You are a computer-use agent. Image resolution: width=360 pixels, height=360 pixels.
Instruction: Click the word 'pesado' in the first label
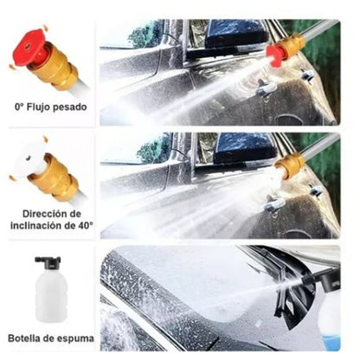pyautogui.click(x=70, y=108)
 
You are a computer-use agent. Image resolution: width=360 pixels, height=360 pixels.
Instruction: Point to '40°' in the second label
pyautogui.click(x=85, y=226)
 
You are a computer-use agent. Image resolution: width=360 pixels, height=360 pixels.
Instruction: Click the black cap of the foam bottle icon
pyautogui.click(x=48, y=261)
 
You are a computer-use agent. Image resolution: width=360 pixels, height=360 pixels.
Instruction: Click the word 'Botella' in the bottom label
pyautogui.click(x=23, y=338)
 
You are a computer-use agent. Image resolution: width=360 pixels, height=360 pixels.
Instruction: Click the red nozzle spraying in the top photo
pyautogui.click(x=275, y=55)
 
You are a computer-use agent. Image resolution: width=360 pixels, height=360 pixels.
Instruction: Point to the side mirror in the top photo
pyautogui.click(x=236, y=34)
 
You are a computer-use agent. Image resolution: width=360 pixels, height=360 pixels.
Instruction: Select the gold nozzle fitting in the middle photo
pyautogui.click(x=290, y=165)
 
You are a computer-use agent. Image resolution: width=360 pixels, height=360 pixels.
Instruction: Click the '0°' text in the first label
pyautogui.click(x=19, y=107)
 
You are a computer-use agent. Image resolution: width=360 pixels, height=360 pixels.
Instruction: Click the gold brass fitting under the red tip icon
pyautogui.click(x=55, y=66)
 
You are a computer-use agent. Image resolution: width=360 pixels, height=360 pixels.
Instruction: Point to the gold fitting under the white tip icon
pyautogui.click(x=55, y=177)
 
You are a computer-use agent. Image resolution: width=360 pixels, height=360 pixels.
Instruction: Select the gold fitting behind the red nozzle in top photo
pyautogui.click(x=292, y=46)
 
